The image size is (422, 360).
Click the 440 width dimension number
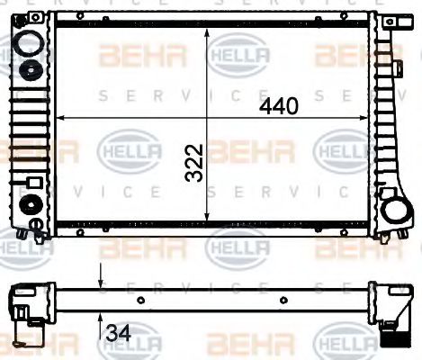point(279,106)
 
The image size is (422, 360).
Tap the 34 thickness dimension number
point(118,332)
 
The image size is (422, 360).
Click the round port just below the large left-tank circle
point(32,72)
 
